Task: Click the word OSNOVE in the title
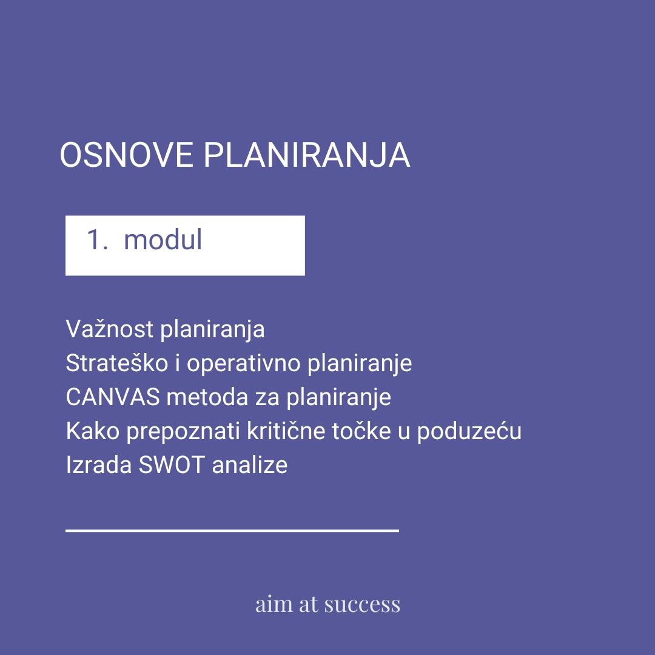127,155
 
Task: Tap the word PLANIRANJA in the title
307,155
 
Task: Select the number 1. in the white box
97,240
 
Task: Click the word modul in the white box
163,240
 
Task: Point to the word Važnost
110,329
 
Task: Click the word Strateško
116,363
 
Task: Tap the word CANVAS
113,397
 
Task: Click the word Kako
93,431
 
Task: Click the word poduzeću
469,432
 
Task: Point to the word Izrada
99,465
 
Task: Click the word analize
250,465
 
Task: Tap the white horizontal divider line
232,531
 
